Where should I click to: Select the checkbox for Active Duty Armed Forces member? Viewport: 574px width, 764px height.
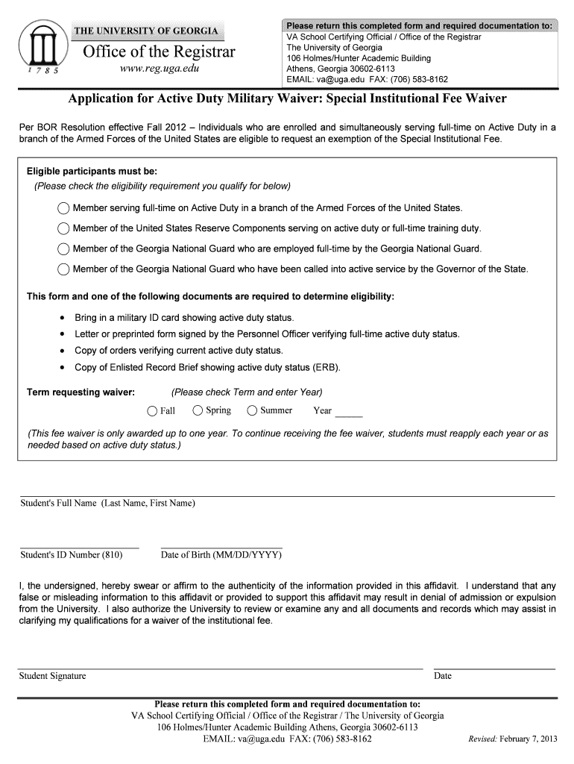pos(63,208)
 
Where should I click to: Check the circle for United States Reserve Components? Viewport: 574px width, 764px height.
pos(63,228)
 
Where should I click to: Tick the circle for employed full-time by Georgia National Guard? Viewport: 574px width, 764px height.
pos(63,249)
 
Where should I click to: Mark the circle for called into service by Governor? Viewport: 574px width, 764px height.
pos(63,269)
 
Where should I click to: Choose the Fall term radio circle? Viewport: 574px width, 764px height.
pos(152,411)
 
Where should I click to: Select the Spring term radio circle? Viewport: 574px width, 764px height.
pos(198,410)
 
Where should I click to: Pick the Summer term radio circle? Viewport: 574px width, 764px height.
pos(252,410)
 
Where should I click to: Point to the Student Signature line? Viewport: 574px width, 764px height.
pos(221,667)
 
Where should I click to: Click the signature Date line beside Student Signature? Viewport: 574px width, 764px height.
pos(493,667)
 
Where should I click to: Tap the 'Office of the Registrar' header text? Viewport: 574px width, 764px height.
pos(159,51)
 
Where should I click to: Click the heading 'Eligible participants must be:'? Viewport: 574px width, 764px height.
pos(92,170)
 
